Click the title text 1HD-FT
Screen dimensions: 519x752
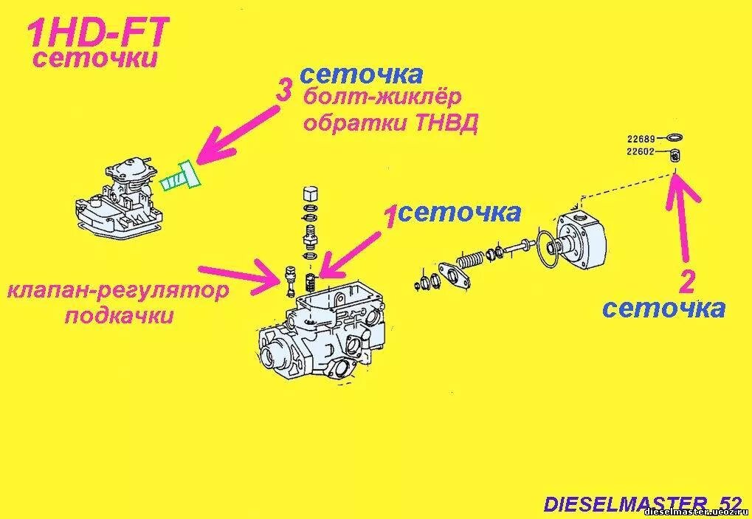point(98,33)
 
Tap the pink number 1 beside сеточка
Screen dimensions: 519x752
point(389,218)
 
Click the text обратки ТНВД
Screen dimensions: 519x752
point(390,123)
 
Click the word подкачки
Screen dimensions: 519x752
point(119,317)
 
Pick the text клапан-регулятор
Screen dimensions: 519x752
point(117,290)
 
